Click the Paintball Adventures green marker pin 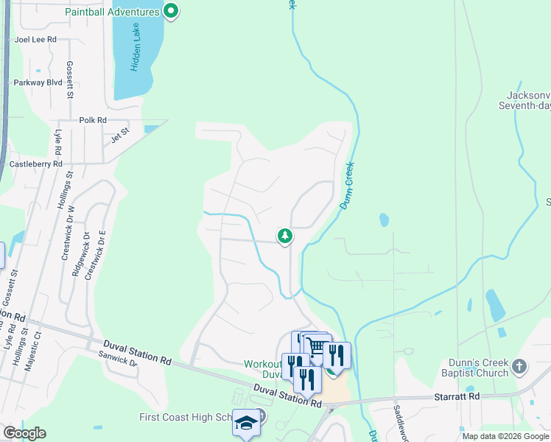click(171, 11)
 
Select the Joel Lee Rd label click(35, 41)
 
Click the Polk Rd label click(93, 120)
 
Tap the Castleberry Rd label click(35, 164)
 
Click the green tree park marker click(284, 236)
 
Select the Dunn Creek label click(347, 185)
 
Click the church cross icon click(519, 365)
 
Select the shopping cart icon click(317, 346)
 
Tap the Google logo click(24, 433)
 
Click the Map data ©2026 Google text click(505, 436)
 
